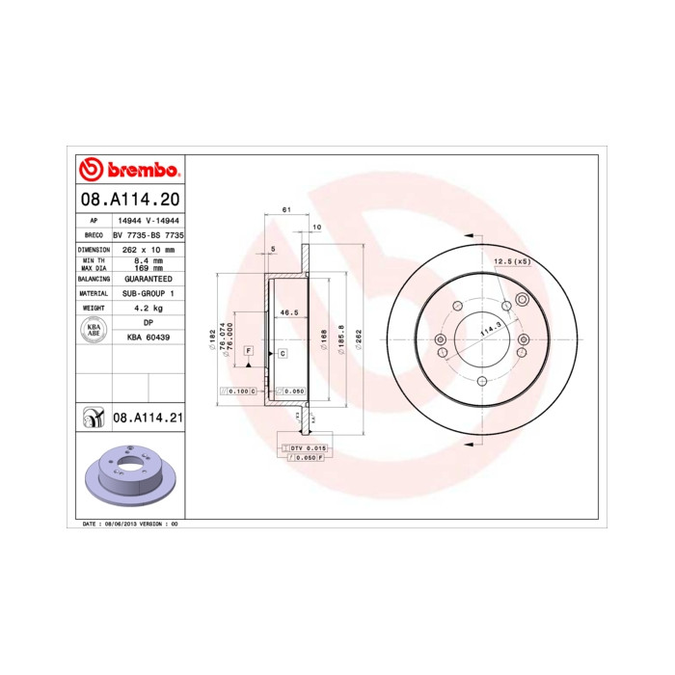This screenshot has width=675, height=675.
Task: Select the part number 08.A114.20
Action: click(x=128, y=202)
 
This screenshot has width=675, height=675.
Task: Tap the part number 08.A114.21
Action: click(x=148, y=418)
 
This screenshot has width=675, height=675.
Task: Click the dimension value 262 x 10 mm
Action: click(x=148, y=249)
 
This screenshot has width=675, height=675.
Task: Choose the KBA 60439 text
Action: click(x=148, y=337)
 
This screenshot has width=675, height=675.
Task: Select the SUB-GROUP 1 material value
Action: click(x=148, y=292)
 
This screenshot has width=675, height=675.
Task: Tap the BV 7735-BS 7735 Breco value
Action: click(x=148, y=234)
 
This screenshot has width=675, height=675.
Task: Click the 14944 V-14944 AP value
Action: click(x=148, y=220)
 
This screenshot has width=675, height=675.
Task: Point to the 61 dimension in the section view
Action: click(x=286, y=209)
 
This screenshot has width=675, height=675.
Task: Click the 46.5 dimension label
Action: click(x=287, y=313)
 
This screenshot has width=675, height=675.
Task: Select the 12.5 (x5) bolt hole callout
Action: click(x=512, y=261)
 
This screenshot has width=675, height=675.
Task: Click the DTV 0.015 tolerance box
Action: click(x=309, y=449)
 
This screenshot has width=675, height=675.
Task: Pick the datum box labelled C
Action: click(x=283, y=354)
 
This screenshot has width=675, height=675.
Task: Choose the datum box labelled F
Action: click(x=249, y=349)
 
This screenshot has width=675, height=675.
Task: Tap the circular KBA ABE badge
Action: click(x=94, y=330)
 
